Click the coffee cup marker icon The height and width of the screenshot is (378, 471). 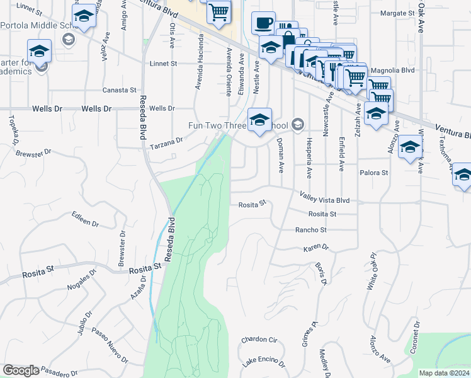tap(264, 23)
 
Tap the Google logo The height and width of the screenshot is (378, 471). tap(21, 370)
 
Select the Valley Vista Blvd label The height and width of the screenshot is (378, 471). tap(324, 198)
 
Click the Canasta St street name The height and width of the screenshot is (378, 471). tap(120, 90)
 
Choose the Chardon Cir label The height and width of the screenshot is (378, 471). tap(259, 340)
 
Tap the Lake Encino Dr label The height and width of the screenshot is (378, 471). tap(264, 364)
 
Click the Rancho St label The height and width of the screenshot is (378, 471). tap(311, 230)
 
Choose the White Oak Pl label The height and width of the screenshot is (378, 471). tap(372, 271)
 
